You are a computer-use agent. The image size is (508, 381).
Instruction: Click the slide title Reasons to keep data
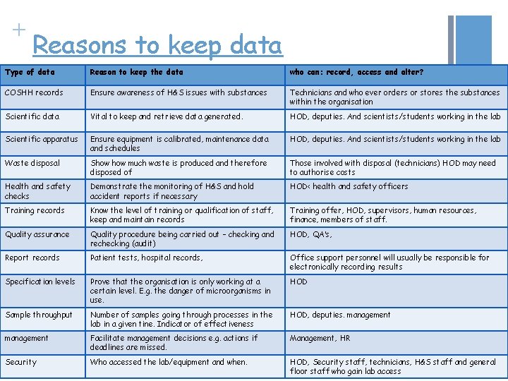[157, 45]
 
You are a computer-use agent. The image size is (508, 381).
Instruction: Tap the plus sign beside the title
[18, 30]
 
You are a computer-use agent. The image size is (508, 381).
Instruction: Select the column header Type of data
[30, 72]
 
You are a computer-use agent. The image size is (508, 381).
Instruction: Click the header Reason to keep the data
[136, 72]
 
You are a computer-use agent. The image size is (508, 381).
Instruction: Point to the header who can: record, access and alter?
[356, 72]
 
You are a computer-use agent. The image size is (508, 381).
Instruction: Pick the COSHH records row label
[34, 92]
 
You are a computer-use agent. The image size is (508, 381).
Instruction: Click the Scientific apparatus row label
[42, 139]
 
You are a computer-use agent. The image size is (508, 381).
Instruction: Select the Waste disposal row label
[32, 163]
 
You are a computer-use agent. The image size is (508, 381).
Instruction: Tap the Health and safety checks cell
[37, 191]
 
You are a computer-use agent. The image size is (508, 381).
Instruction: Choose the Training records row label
[35, 210]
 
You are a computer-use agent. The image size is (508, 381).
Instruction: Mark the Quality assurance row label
[37, 234]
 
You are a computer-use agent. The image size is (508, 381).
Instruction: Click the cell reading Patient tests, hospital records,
[146, 258]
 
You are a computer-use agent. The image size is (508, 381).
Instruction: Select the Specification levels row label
[40, 282]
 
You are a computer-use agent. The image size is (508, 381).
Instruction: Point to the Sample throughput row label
[39, 315]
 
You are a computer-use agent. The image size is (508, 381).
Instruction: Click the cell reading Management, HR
[320, 338]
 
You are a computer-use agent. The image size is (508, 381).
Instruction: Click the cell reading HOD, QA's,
[310, 234]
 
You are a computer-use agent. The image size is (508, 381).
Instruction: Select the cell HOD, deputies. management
[339, 315]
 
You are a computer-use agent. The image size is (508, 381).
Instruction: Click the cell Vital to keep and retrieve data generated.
[166, 116]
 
